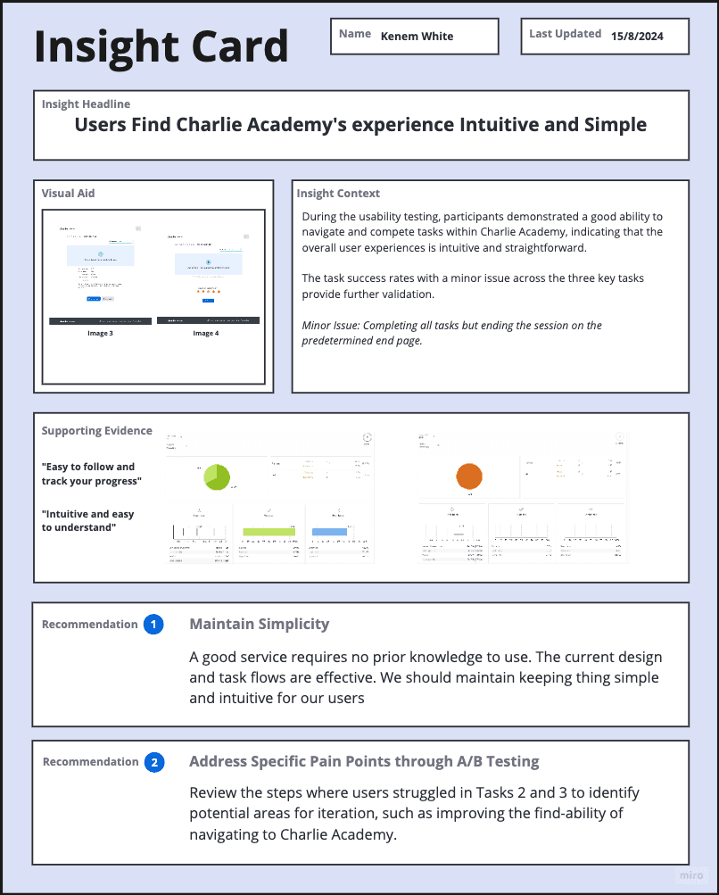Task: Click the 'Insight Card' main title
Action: [x=161, y=46]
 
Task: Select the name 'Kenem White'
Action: [x=417, y=37]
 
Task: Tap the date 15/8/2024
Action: [x=637, y=37]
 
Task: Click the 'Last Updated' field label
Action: [x=565, y=34]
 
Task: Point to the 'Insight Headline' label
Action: [x=86, y=104]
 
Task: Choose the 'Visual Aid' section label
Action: [x=68, y=193]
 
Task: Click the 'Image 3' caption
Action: [x=100, y=333]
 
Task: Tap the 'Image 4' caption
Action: [x=206, y=333]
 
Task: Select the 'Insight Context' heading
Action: [x=338, y=193]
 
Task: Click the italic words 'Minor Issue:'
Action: [x=332, y=325]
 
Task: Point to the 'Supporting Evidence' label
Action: [x=96, y=431]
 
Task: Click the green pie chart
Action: [x=217, y=477]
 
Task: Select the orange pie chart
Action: [x=469, y=477]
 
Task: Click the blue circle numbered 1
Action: [x=153, y=625]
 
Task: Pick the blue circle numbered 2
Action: [x=153, y=762]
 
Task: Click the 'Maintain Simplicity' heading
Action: [x=259, y=625]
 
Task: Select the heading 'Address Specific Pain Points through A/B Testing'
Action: [x=364, y=762]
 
